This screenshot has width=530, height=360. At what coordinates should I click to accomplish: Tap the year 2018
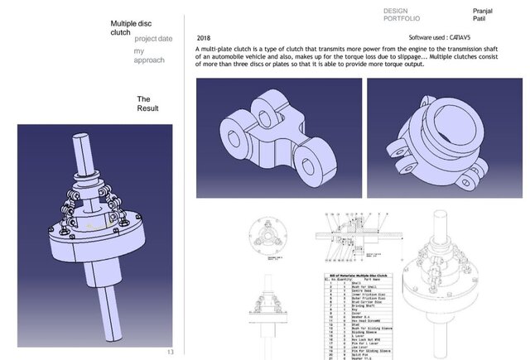click(x=205, y=38)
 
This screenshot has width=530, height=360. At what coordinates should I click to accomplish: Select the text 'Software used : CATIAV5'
click(x=441, y=38)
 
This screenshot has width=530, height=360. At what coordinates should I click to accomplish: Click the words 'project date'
click(x=153, y=39)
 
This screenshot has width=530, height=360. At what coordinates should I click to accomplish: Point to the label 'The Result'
click(x=147, y=103)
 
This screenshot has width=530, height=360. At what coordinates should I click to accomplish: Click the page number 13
click(x=171, y=352)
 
